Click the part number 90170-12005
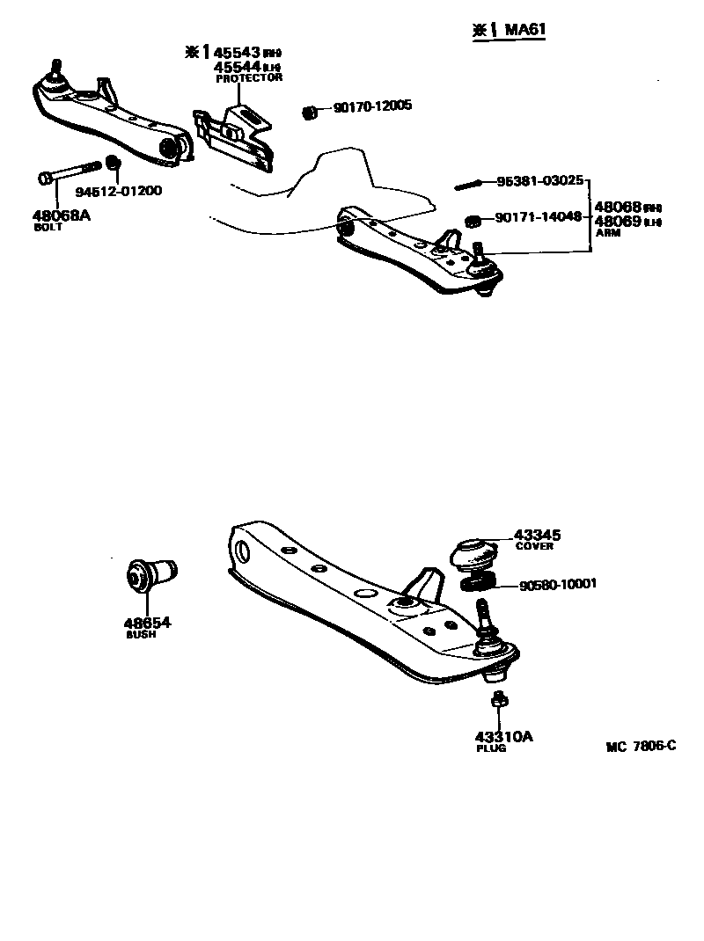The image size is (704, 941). (372, 107)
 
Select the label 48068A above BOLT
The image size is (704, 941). (62, 214)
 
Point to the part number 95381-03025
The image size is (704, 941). (539, 180)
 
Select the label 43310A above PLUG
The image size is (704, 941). (504, 737)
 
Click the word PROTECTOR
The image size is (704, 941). (249, 78)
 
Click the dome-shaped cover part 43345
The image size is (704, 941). (473, 553)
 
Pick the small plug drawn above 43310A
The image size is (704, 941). (498, 701)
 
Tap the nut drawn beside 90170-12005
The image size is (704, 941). (309, 112)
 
